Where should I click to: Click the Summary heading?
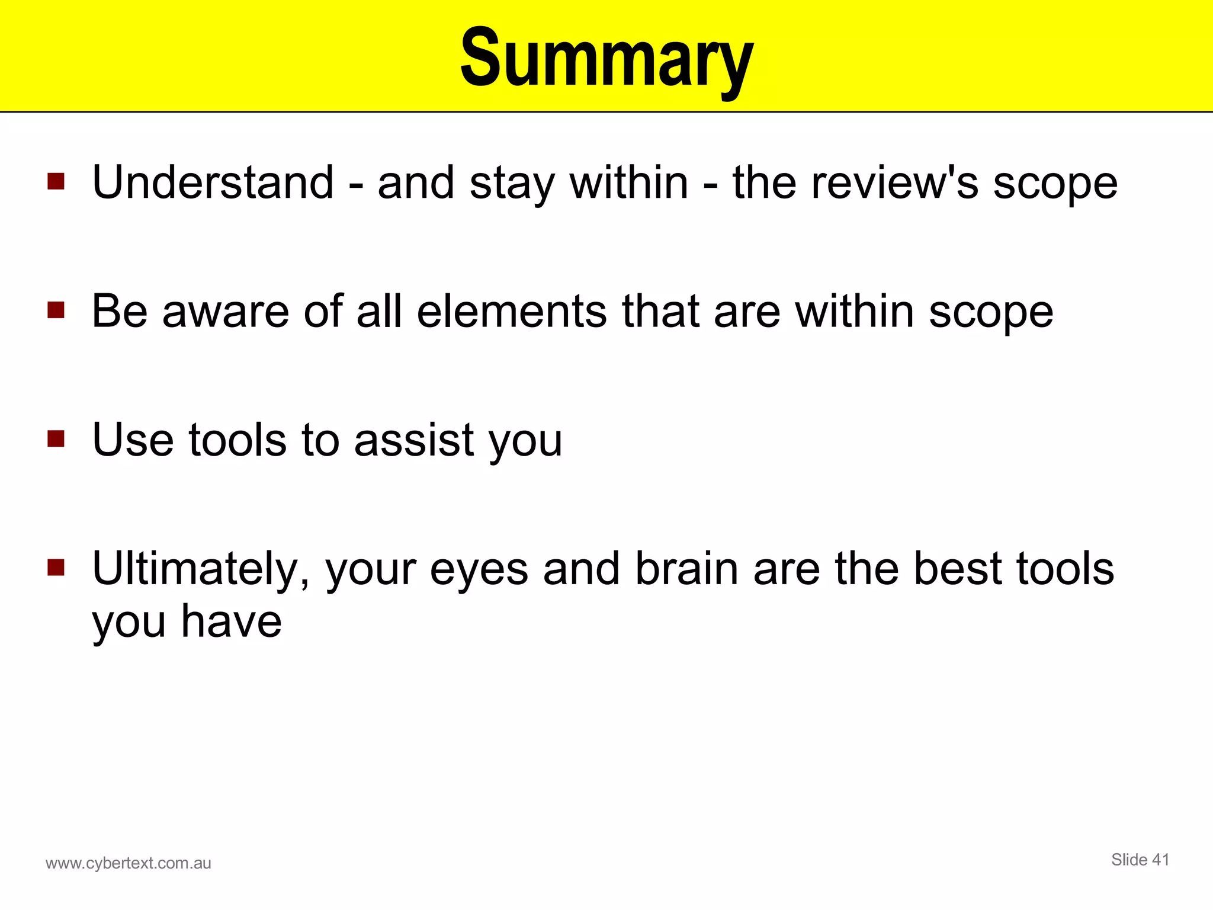pos(606,59)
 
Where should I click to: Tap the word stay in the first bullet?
pos(512,184)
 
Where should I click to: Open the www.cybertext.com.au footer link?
pos(128,863)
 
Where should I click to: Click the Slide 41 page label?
pos(1140,860)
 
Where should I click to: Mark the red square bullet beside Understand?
pos(56,181)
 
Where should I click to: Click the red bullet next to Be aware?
pos(56,310)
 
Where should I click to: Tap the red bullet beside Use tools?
pos(56,439)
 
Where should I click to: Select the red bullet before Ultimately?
pos(56,568)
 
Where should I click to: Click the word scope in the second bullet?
pos(991,312)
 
